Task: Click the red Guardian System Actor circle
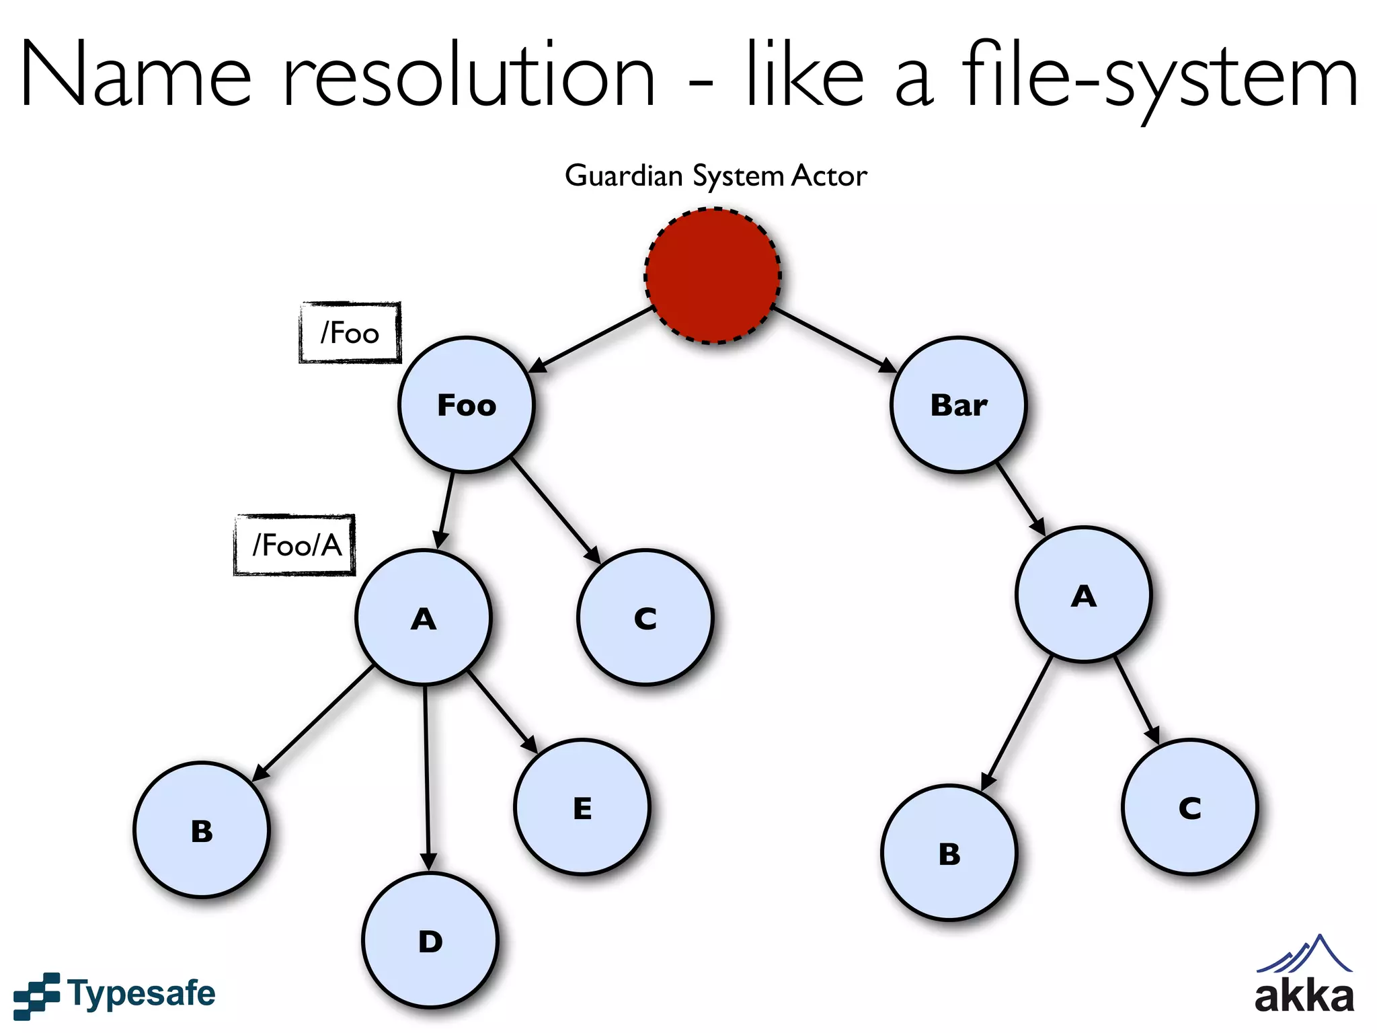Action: point(713,276)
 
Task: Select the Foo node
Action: point(466,405)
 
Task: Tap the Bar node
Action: point(959,405)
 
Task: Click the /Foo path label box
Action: point(350,333)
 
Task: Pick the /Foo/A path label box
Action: point(294,545)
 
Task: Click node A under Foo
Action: point(423,617)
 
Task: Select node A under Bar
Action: point(1083,595)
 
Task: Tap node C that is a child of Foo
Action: point(645,617)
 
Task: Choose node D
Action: point(430,940)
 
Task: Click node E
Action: point(582,807)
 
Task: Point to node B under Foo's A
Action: point(201,830)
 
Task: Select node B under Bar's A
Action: point(949,853)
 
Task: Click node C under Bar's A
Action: point(1189,807)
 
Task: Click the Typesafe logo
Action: point(114,994)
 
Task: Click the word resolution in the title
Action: point(469,75)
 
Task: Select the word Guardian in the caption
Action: point(624,176)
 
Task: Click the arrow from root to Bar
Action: point(834,340)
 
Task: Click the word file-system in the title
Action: point(1160,75)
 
